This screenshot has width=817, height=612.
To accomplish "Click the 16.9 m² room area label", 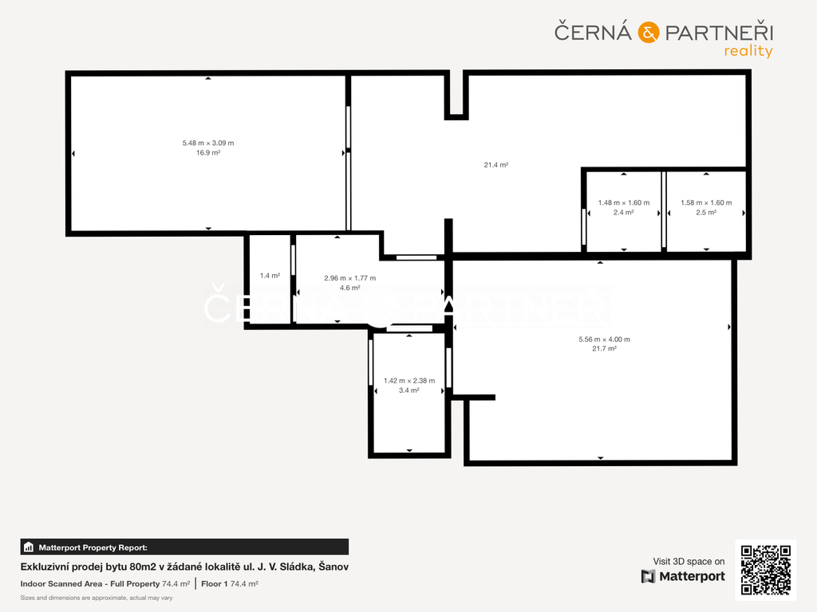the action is click(x=208, y=153).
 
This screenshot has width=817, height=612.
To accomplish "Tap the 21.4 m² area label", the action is click(x=496, y=165).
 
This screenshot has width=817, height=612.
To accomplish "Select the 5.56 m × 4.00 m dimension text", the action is click(x=605, y=339).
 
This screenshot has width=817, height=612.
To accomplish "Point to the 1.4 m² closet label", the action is click(x=270, y=276).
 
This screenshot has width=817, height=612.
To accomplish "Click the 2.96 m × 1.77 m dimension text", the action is click(x=350, y=278).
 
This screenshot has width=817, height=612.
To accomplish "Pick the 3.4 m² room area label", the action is click(x=409, y=390).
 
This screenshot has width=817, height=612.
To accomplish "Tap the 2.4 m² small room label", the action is click(x=624, y=212).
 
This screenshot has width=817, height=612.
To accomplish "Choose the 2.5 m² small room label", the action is click(x=706, y=212).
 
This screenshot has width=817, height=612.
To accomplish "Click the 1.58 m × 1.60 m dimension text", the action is click(x=706, y=203).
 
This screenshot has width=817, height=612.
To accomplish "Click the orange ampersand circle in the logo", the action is click(x=648, y=32).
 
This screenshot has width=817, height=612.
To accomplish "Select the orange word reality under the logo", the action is click(x=748, y=51).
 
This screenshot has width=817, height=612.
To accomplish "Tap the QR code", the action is click(x=765, y=570).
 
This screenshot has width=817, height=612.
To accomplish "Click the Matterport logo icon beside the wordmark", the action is click(x=648, y=576).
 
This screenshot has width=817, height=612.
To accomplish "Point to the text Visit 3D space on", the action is click(x=689, y=562).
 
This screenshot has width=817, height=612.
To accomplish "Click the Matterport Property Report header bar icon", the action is click(x=29, y=547).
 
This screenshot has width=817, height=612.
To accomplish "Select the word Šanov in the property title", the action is click(x=334, y=567).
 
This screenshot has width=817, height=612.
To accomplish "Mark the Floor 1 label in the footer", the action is click(x=214, y=584).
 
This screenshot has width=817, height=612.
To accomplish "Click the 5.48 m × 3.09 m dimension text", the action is click(x=208, y=143).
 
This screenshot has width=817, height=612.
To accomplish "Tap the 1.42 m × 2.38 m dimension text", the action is click(x=409, y=381).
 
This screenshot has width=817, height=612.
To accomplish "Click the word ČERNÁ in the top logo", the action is click(x=593, y=31).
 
